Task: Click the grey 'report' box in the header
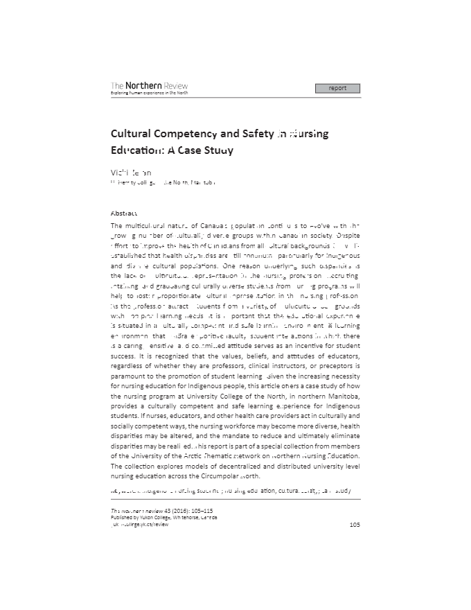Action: pos(337,88)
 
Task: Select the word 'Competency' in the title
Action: pos(189,134)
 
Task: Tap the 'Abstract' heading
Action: pos(124,214)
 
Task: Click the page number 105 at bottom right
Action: pos(355,525)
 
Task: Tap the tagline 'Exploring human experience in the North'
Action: pos(149,93)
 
